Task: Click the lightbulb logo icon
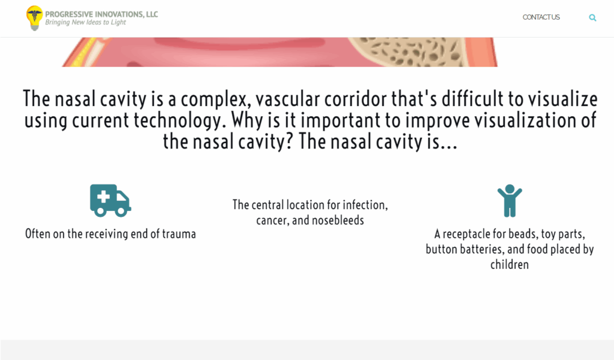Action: pyautogui.click(x=35, y=18)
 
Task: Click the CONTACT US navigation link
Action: pyautogui.click(x=541, y=17)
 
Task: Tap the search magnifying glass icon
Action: pyautogui.click(x=593, y=18)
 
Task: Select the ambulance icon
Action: pyautogui.click(x=110, y=200)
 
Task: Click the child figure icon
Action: pyautogui.click(x=510, y=201)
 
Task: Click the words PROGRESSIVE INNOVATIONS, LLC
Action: pyautogui.click(x=101, y=14)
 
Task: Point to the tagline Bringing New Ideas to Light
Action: pyautogui.click(x=85, y=22)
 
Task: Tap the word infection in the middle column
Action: pyautogui.click(x=365, y=205)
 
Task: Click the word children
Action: pyautogui.click(x=510, y=265)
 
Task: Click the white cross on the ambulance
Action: pyautogui.click(x=103, y=197)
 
